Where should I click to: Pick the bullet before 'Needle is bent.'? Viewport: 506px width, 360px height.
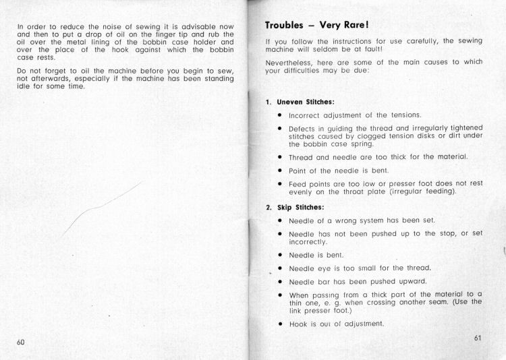tap(279, 256)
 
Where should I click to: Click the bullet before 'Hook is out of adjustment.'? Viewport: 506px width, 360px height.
tap(279, 323)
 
